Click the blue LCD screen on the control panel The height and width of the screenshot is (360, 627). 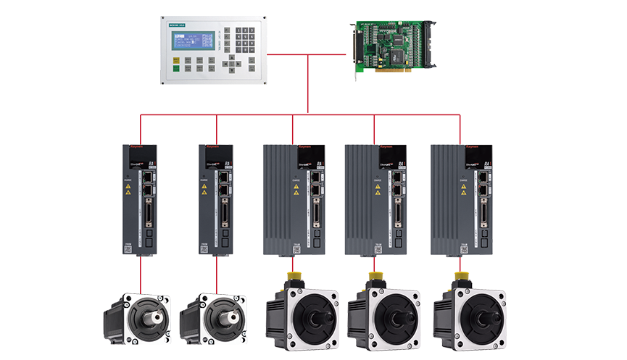(194, 41)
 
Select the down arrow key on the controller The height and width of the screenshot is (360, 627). (231, 71)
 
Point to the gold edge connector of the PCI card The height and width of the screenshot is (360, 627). (391, 73)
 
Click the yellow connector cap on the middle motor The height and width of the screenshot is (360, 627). (293, 277)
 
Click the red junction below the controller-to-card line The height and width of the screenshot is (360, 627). (308, 114)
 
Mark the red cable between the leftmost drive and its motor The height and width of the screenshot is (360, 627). (139, 274)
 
